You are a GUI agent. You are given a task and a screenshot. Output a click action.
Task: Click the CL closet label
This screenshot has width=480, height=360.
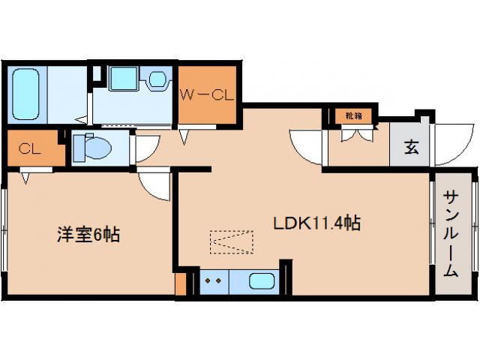pos(30,148)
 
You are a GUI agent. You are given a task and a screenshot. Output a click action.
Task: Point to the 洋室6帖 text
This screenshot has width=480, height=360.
pos(88,235)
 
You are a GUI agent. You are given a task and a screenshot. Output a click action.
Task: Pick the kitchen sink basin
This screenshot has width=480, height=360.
pos(260,283)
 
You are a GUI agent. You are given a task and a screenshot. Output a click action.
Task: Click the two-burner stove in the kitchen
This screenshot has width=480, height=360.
pos(212,283)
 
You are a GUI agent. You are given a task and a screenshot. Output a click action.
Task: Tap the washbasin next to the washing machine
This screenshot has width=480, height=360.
pos(157,79)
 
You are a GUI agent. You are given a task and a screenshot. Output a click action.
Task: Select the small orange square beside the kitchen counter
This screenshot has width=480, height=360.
pos(180,284)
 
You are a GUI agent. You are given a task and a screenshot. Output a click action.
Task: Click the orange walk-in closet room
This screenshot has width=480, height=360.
pos(208,105)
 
